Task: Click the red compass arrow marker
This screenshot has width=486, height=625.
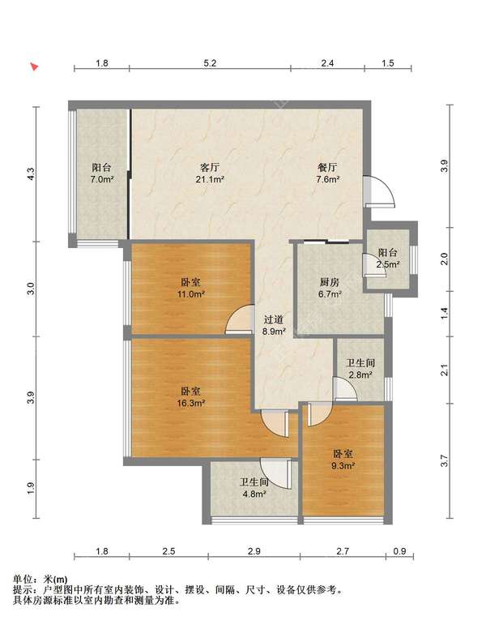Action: click(x=35, y=67)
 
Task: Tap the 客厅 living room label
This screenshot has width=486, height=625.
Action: click(x=210, y=167)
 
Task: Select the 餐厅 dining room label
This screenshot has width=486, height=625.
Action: click(x=327, y=167)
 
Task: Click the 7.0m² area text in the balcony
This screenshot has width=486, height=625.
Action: click(x=102, y=179)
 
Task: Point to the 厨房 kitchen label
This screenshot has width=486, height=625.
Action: click(x=330, y=282)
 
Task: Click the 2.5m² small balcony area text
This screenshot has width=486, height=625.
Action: click(x=389, y=264)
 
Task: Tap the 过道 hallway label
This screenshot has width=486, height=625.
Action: click(x=274, y=319)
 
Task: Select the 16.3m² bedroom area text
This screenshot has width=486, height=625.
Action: click(x=191, y=404)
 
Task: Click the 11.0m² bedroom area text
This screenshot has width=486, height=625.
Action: click(x=191, y=294)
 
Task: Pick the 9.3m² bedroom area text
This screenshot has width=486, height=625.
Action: click(x=343, y=465)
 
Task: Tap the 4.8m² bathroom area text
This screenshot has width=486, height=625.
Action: click(x=254, y=494)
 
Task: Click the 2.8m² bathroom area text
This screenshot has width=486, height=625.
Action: click(x=360, y=375)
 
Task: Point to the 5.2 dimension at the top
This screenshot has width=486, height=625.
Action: click(x=210, y=63)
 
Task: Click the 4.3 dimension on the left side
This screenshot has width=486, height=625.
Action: click(x=32, y=173)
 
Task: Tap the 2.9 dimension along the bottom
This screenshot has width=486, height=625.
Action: click(x=254, y=551)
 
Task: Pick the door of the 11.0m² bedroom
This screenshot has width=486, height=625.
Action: click(x=240, y=319)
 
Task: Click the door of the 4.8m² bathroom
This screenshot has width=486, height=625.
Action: click(x=275, y=473)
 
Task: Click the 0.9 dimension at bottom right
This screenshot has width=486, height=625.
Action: click(x=399, y=551)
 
